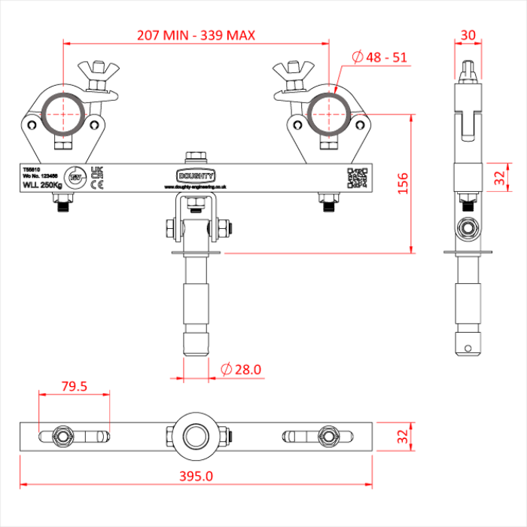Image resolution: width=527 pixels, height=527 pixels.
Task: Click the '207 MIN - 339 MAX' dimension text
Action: click(196, 35)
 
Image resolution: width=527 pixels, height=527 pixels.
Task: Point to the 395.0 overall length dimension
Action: click(197, 475)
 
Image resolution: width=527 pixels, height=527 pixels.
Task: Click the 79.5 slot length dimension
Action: click(75, 387)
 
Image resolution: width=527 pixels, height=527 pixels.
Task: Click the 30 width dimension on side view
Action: click(468, 35)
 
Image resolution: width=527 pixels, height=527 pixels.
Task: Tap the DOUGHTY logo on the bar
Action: click(199, 175)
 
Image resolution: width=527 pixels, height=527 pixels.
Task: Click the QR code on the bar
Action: click(357, 177)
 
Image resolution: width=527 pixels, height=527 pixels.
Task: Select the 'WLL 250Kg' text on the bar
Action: click(42, 184)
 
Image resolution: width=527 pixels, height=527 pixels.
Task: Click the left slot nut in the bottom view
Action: click(61, 435)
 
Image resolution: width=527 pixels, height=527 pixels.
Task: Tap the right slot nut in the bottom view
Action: click(328, 435)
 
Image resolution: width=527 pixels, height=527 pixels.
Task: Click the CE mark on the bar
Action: click(96, 183)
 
